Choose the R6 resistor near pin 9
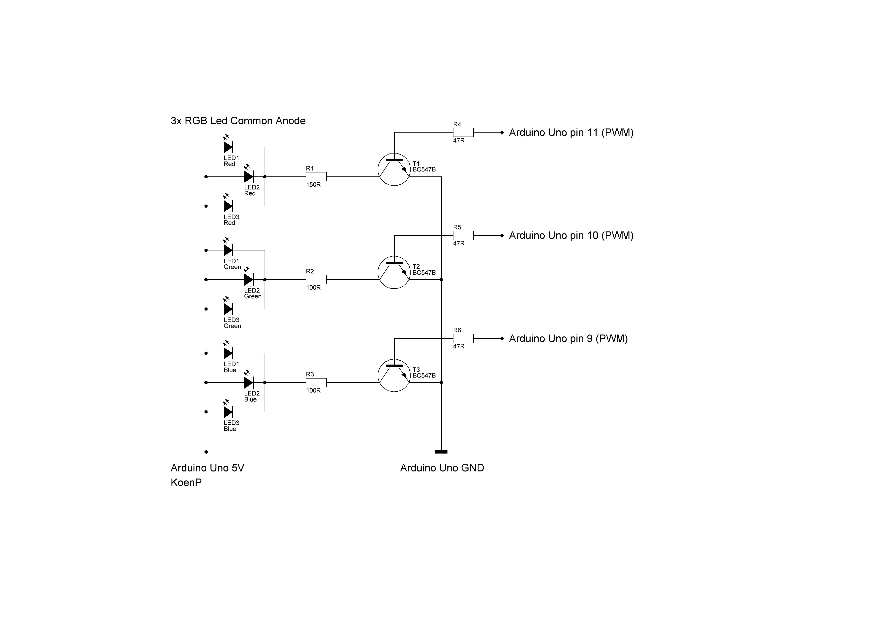pos(463,338)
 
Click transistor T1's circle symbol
pos(394,170)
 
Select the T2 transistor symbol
pos(394,273)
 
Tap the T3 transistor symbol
pos(394,376)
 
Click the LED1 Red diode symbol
pos(228,147)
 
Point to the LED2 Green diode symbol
pos(249,280)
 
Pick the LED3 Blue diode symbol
pos(228,412)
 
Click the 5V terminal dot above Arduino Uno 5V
pos(206,452)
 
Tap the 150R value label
pos(313,185)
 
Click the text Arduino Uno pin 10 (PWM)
pos(571,235)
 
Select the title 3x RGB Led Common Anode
pos(238,121)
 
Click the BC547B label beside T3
pos(424,376)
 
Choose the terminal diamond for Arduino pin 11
pos(502,133)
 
